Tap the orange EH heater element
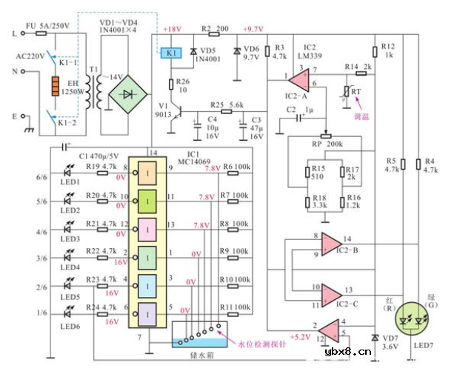click(x=53, y=87)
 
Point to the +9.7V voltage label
click(x=253, y=30)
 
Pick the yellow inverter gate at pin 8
click(x=147, y=173)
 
